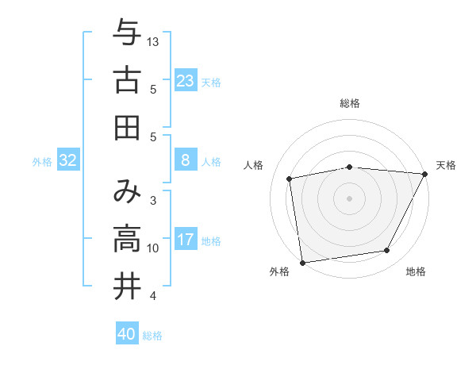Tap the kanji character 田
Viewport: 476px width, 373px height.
pyautogui.click(x=127, y=127)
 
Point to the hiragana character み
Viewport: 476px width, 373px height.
pyautogui.click(x=127, y=192)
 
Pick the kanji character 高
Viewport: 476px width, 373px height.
pyautogui.click(x=127, y=239)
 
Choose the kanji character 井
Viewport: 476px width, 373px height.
pyautogui.click(x=127, y=286)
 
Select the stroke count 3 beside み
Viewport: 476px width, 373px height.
pyautogui.click(x=153, y=201)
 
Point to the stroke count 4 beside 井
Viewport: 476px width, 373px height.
pyautogui.click(x=153, y=296)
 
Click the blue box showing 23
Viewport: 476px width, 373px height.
pyautogui.click(x=185, y=80)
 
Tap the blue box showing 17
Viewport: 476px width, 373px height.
pyautogui.click(x=185, y=239)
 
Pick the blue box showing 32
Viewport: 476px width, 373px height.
pyautogui.click(x=68, y=161)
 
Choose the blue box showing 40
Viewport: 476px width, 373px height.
pyautogui.click(x=127, y=334)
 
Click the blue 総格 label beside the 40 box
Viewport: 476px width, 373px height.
pyautogui.click(x=153, y=336)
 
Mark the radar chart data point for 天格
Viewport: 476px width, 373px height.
pyautogui.click(x=425, y=175)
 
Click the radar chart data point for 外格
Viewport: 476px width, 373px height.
pyautogui.click(x=302, y=262)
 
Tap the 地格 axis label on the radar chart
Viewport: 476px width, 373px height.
pyautogui.click(x=416, y=272)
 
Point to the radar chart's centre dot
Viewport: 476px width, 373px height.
pyautogui.click(x=349, y=198)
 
